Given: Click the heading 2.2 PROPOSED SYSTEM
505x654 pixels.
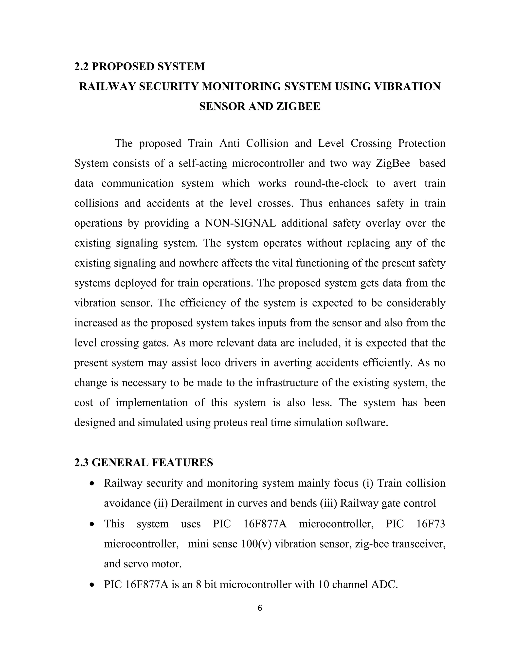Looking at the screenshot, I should coord(139,66).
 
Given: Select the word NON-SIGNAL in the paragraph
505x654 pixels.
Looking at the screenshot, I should coord(240,223).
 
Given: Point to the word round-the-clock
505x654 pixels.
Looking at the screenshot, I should coord(331,183).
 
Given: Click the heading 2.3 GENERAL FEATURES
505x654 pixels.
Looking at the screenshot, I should coord(144,462).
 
